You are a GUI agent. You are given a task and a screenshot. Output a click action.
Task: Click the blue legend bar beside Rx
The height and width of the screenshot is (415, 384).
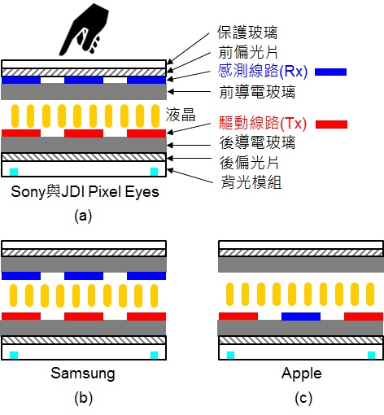pos(329,72)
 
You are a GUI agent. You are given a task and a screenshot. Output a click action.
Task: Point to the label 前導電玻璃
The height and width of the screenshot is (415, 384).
pos(258,90)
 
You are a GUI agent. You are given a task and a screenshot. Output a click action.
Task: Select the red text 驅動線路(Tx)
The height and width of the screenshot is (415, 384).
pos(262,124)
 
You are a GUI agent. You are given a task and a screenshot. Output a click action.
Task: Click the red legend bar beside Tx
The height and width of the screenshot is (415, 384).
pos(329,124)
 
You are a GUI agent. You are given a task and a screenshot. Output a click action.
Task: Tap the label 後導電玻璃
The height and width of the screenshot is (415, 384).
pos(258,142)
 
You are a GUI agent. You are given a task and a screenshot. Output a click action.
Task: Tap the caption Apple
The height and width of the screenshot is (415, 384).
pos(301,373)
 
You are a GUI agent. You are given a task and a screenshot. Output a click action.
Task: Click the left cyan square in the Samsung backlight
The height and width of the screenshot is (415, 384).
pos(14,355)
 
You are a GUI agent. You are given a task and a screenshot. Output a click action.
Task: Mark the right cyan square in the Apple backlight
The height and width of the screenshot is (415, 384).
pos(372,355)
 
